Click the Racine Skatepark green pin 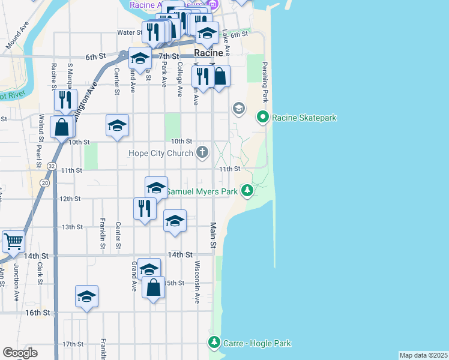262,116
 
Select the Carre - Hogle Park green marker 214,343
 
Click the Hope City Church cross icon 202,152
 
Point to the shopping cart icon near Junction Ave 13,241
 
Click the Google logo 20,352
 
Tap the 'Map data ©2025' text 423,355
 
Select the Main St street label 212,236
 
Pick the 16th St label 37,313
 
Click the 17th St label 72,344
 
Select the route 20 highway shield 45,182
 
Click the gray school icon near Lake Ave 238,108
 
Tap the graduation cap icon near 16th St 86,296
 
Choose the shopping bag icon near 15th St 154,287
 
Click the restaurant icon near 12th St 144,208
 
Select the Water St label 128,32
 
